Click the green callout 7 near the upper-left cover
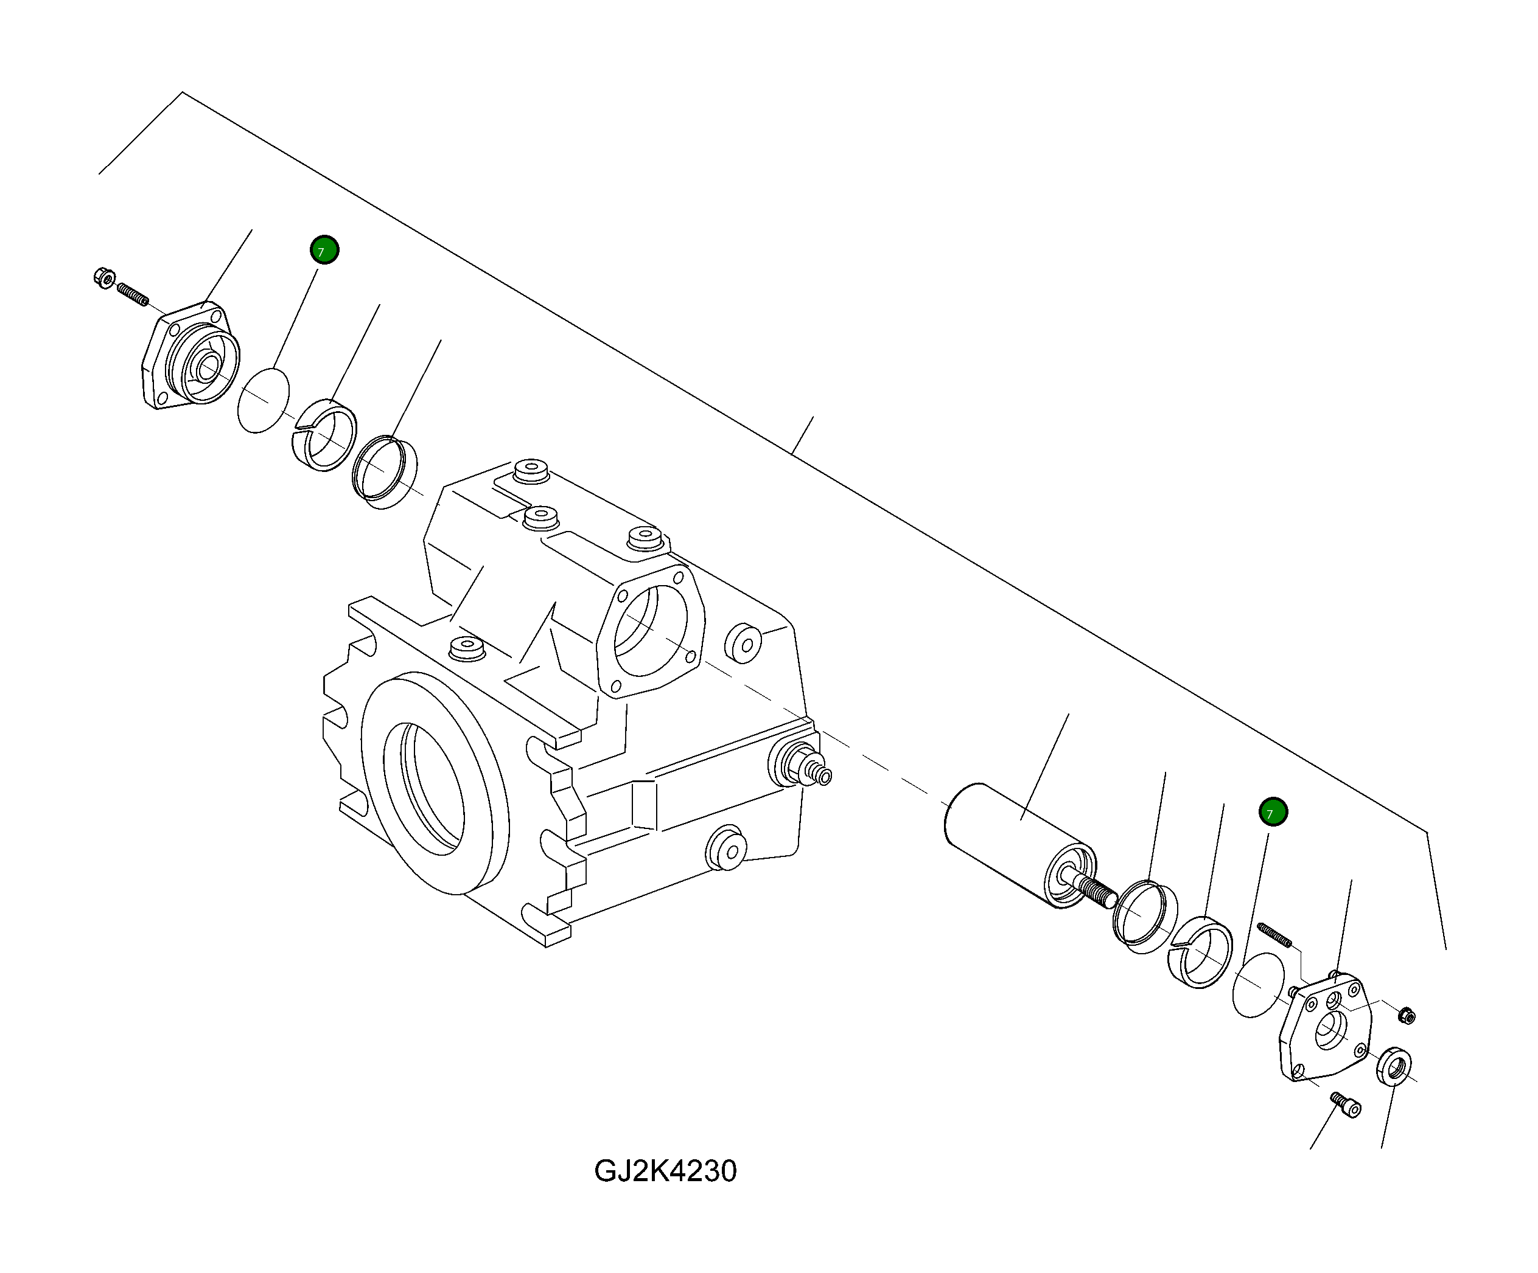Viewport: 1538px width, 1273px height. (x=324, y=251)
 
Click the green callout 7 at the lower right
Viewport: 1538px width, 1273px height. (x=1273, y=812)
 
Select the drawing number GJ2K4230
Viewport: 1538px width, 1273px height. (x=665, y=1171)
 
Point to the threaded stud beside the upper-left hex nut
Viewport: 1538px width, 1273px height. (x=133, y=294)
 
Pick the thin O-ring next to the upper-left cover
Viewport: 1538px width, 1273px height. (x=264, y=401)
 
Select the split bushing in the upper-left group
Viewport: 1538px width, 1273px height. (x=324, y=436)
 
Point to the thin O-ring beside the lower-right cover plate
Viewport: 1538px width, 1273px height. (x=1258, y=985)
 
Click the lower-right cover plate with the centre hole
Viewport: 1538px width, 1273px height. (x=1326, y=1028)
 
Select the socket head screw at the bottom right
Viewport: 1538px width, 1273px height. (x=1346, y=1104)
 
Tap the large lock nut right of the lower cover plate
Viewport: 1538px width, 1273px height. (x=1394, y=1067)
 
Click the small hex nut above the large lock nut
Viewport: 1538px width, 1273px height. (x=1406, y=1015)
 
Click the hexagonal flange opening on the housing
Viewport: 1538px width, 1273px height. (x=651, y=631)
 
